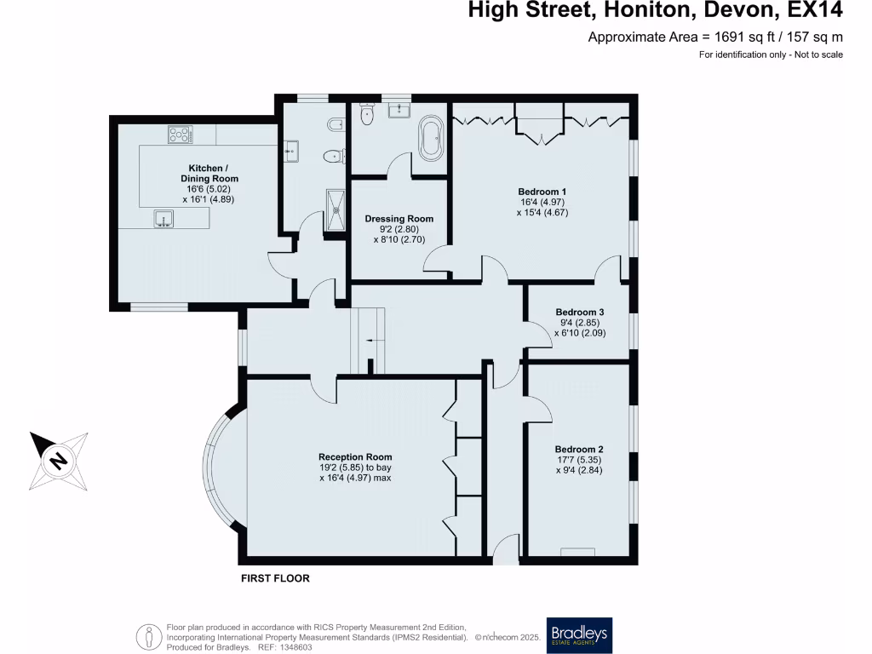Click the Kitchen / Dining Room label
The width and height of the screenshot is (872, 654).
[x=209, y=174]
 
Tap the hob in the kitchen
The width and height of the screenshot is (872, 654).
[x=180, y=134]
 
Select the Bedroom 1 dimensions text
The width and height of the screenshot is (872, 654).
[x=542, y=208]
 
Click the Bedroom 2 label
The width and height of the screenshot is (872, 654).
[x=579, y=450]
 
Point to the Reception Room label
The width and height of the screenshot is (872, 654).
[x=355, y=457]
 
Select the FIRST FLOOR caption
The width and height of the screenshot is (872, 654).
[x=274, y=578]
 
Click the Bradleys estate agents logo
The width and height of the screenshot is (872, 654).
[x=580, y=634]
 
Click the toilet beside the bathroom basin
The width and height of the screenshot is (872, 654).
[x=367, y=116]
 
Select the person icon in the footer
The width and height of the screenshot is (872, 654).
[x=150, y=635]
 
